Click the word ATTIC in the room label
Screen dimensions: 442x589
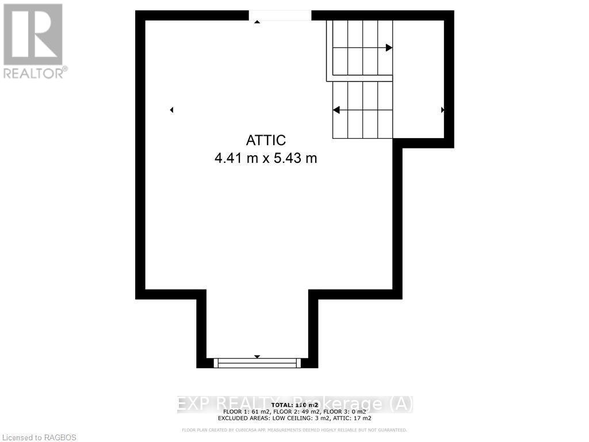pos(266,140)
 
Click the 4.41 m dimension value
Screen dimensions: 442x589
pos(235,158)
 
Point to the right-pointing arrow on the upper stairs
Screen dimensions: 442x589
pos(389,48)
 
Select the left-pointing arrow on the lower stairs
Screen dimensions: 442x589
pos(336,109)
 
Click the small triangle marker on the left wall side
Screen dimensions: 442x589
pos(171,110)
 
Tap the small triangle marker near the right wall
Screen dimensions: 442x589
pos(442,110)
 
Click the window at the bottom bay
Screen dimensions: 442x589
pos(257,363)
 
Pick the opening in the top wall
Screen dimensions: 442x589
pos(280,16)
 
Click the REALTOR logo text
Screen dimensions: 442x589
pos(35,73)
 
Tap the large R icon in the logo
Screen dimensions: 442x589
pos(33,34)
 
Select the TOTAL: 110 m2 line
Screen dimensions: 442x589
pos(294,406)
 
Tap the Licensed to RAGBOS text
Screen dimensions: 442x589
pos(38,437)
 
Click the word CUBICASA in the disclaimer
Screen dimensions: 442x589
pos(238,430)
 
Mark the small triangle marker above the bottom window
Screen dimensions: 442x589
pos(257,357)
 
